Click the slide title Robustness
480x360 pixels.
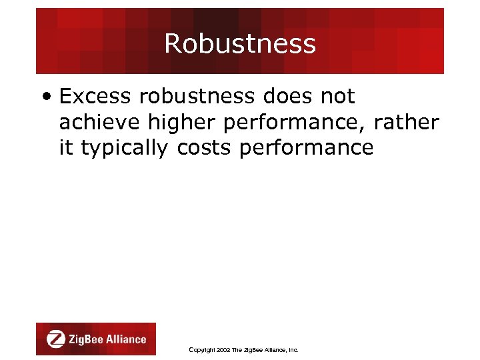(240, 44)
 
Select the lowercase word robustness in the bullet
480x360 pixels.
(197, 97)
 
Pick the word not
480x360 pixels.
(337, 97)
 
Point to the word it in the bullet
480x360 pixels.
(66, 147)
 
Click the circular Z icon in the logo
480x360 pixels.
(56, 339)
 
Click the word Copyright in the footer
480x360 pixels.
(202, 350)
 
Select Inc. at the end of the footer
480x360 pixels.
(293, 350)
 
